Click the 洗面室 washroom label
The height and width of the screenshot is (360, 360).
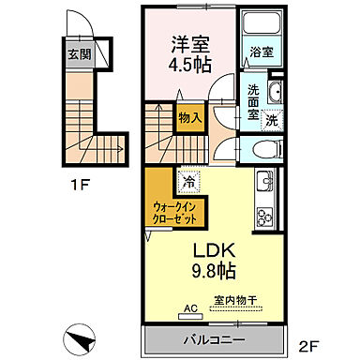(x=253, y=101)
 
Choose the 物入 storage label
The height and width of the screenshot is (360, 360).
(x=187, y=118)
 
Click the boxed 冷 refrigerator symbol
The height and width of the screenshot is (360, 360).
(x=189, y=180)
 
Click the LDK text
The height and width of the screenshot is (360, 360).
(x=214, y=250)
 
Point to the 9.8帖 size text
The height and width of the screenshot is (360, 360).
(x=214, y=272)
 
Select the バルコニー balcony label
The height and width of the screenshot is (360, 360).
(x=210, y=337)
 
